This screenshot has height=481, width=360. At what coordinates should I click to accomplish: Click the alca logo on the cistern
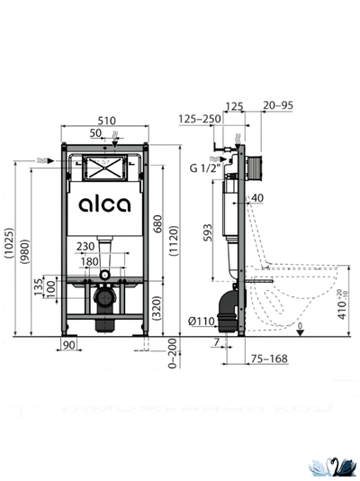click(x=104, y=204)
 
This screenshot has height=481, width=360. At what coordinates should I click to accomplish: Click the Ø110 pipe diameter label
click(x=199, y=322)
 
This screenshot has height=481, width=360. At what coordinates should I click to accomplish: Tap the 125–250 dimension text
click(x=199, y=119)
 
